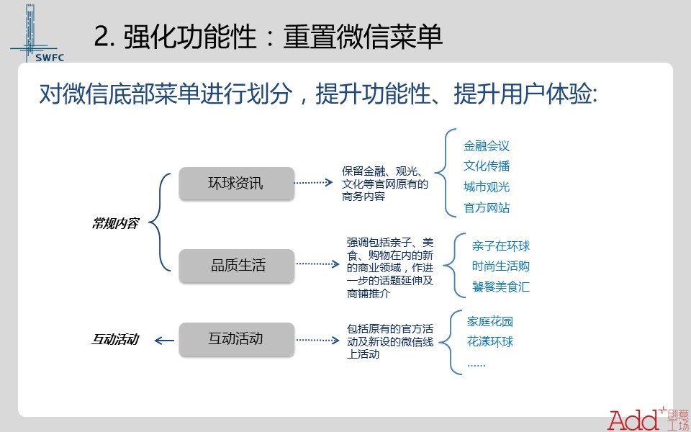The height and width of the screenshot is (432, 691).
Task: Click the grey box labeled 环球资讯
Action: pyautogui.click(x=237, y=184)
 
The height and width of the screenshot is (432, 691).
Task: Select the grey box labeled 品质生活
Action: pyautogui.click(x=237, y=266)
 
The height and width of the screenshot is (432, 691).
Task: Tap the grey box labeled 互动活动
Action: pyautogui.click(x=237, y=338)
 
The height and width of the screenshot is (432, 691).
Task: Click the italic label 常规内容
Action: pyautogui.click(x=115, y=223)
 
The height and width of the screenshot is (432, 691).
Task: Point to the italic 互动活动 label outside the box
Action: pyautogui.click(x=115, y=339)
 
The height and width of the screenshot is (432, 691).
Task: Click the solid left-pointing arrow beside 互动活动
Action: pyautogui.click(x=164, y=341)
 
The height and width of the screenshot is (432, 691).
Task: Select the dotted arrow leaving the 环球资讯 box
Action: pyautogui.click(x=313, y=182)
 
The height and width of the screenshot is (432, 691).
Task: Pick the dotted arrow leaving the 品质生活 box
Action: pyautogui.click(x=317, y=264)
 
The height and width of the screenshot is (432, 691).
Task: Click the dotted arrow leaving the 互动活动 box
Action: pyautogui.click(x=317, y=340)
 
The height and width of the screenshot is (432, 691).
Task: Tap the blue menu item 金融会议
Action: pyautogui.click(x=487, y=145)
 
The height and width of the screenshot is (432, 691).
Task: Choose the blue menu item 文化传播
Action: pyautogui.click(x=487, y=166)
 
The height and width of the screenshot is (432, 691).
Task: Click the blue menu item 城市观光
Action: pyautogui.click(x=487, y=186)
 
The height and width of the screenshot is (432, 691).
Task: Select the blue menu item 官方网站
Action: pyautogui.click(x=487, y=207)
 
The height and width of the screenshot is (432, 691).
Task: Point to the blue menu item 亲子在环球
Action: pyautogui.click(x=501, y=246)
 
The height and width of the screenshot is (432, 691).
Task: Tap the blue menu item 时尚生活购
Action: pyautogui.click(x=501, y=266)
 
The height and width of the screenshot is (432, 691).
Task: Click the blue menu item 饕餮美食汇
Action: pyautogui.click(x=501, y=287)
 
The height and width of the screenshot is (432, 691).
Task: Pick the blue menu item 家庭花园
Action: pyautogui.click(x=490, y=321)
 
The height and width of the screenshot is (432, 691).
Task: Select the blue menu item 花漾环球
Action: pyautogui.click(x=490, y=341)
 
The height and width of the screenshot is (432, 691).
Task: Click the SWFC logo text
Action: pyautogui.click(x=50, y=58)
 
